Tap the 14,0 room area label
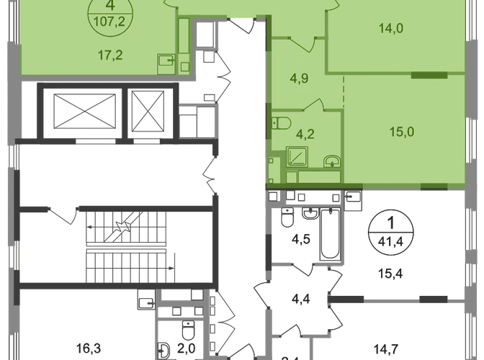coord(392,30)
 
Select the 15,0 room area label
coord(392,132)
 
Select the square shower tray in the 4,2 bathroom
coord(295,156)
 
